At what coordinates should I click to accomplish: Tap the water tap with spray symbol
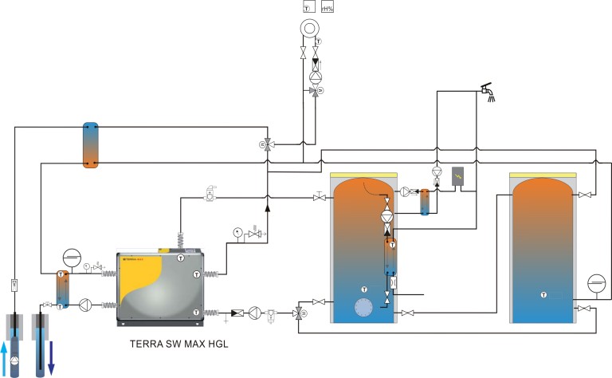(x=484, y=93)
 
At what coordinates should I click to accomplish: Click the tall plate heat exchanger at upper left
(x=91, y=144)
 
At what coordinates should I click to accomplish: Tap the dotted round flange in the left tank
(x=364, y=308)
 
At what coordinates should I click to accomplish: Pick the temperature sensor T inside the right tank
(x=543, y=294)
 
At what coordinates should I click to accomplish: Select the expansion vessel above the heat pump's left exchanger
(x=72, y=258)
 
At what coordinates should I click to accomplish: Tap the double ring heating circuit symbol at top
(x=308, y=27)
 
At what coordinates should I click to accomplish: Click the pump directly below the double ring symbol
(x=315, y=77)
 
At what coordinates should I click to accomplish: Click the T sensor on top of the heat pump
(x=181, y=258)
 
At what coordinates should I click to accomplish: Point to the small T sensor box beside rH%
(x=308, y=7)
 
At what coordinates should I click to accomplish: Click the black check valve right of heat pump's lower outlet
(x=237, y=313)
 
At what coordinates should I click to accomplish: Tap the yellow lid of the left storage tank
(x=363, y=173)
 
